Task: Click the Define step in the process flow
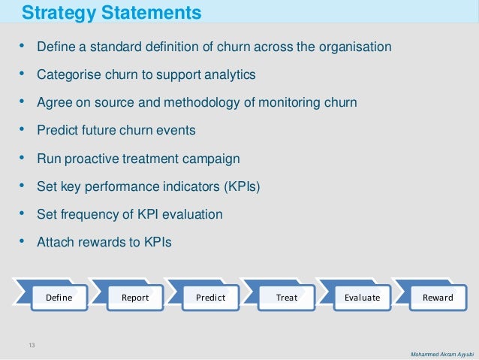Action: (59, 297)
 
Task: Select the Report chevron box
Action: (135, 297)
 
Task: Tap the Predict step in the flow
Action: (210, 297)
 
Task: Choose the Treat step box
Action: (286, 297)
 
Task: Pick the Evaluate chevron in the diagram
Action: (362, 297)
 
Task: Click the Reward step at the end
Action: (438, 297)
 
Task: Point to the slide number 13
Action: (32, 345)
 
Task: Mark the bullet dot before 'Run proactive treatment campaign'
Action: (22, 158)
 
